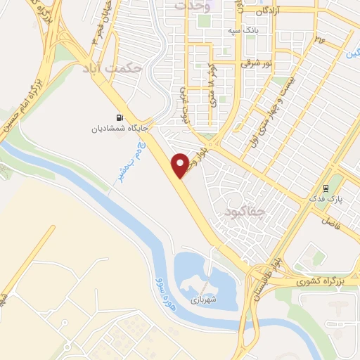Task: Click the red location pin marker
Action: click(181, 165)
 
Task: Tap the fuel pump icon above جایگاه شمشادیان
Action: click(118, 117)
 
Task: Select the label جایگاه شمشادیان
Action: click(118, 129)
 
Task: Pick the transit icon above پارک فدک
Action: click(326, 188)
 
